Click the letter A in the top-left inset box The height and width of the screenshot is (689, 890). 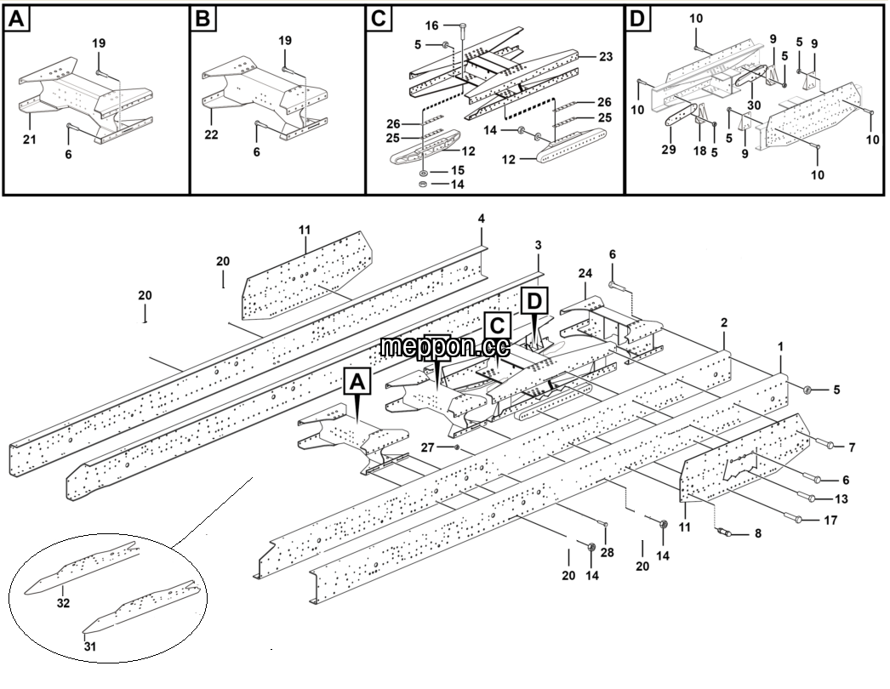click(16, 20)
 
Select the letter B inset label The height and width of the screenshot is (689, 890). click(203, 20)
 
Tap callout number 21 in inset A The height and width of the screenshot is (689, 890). click(30, 139)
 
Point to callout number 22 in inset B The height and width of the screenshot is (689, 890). click(211, 135)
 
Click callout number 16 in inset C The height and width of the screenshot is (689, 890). click(432, 26)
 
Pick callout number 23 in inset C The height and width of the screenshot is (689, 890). click(606, 57)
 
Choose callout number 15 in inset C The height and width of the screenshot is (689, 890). click(458, 171)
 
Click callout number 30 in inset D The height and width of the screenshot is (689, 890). click(754, 105)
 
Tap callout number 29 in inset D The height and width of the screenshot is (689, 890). click(669, 150)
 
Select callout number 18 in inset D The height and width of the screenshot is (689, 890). click(700, 151)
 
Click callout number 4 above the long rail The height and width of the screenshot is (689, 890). click(482, 219)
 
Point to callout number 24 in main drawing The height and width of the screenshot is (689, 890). click(585, 274)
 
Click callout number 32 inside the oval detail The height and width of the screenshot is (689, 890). click(63, 603)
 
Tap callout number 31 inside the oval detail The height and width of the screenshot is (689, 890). click(90, 646)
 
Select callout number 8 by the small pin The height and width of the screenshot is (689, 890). click(758, 534)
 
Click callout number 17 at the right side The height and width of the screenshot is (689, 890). click(830, 521)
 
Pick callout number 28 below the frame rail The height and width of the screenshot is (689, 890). click(607, 552)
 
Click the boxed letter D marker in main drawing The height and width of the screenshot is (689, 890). click(534, 301)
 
